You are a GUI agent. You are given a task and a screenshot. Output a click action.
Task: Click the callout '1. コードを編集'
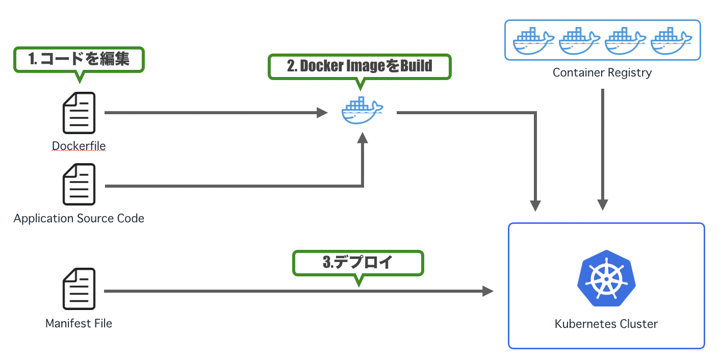(79, 59)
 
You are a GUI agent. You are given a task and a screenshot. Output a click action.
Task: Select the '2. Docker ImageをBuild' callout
(359, 66)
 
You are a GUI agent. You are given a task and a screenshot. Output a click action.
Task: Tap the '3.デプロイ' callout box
(358, 263)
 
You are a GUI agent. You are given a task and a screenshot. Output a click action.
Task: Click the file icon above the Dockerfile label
(79, 113)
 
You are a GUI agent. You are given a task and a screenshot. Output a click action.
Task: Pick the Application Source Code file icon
(79, 184)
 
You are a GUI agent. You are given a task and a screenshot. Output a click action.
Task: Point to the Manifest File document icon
(79, 289)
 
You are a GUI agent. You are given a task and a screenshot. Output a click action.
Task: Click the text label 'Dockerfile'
(79, 146)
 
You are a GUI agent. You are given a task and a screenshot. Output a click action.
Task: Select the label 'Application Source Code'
(79, 219)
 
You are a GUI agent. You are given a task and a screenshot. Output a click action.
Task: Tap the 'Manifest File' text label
(79, 323)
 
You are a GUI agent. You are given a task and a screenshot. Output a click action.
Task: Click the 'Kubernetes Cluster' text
(606, 324)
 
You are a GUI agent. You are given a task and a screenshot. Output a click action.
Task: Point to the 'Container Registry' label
(602, 72)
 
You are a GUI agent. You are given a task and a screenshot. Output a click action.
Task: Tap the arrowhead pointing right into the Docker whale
(322, 113)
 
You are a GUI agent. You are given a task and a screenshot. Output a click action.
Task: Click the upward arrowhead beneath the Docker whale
(362, 138)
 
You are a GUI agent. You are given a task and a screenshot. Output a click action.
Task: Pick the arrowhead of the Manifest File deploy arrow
(488, 291)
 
